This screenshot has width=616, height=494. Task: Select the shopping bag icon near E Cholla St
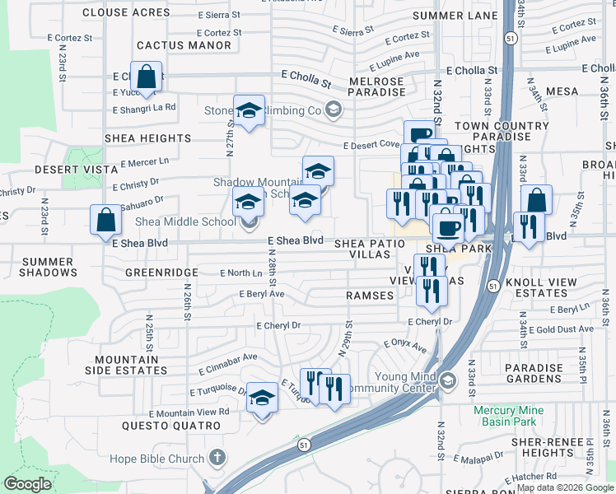coord(146,77)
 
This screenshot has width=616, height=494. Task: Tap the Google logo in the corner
coord(27,484)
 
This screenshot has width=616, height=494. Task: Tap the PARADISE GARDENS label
coord(534,374)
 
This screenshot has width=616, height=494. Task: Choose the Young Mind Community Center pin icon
coord(447,380)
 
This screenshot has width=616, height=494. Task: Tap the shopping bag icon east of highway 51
coord(536,200)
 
